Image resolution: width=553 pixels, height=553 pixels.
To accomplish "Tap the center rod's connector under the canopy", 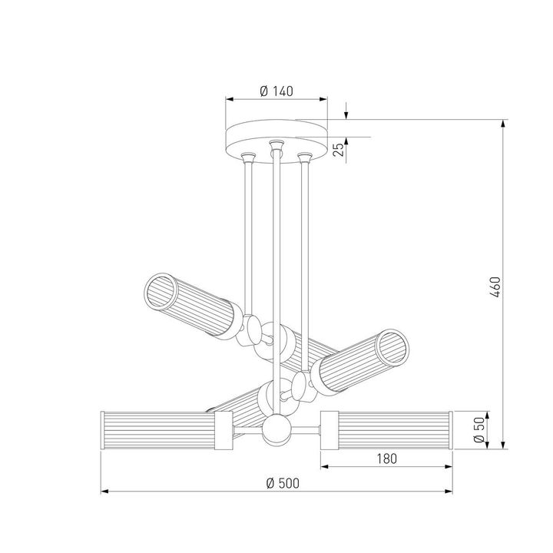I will point(275,147).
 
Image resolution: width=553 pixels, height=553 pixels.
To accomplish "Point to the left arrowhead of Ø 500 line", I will point(104,491).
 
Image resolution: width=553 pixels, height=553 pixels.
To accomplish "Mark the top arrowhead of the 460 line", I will point(504,122).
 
